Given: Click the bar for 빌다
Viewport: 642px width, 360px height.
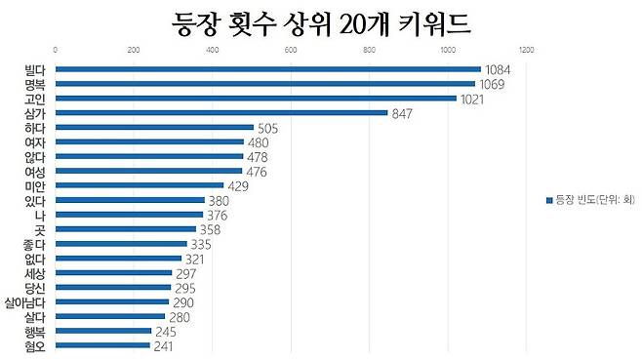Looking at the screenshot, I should tap(268, 69).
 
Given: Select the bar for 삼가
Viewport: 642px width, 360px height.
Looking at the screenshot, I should tap(221, 112).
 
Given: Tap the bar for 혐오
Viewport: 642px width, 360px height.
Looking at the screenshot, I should tap(103, 345).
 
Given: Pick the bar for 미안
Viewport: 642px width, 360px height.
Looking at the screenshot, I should tap(140, 185).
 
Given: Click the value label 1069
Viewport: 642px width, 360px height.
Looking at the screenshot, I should tap(495, 84).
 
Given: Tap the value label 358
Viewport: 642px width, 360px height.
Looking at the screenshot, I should tap(212, 229).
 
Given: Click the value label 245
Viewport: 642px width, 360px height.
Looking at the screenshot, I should tap(166, 332).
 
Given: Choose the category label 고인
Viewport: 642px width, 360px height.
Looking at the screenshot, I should tap(35, 99).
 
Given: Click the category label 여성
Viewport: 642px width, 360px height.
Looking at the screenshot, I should tap(35, 171).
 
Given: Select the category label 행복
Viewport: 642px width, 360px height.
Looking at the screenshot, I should tap(35, 332).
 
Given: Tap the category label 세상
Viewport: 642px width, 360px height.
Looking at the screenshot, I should tap(35, 273).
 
